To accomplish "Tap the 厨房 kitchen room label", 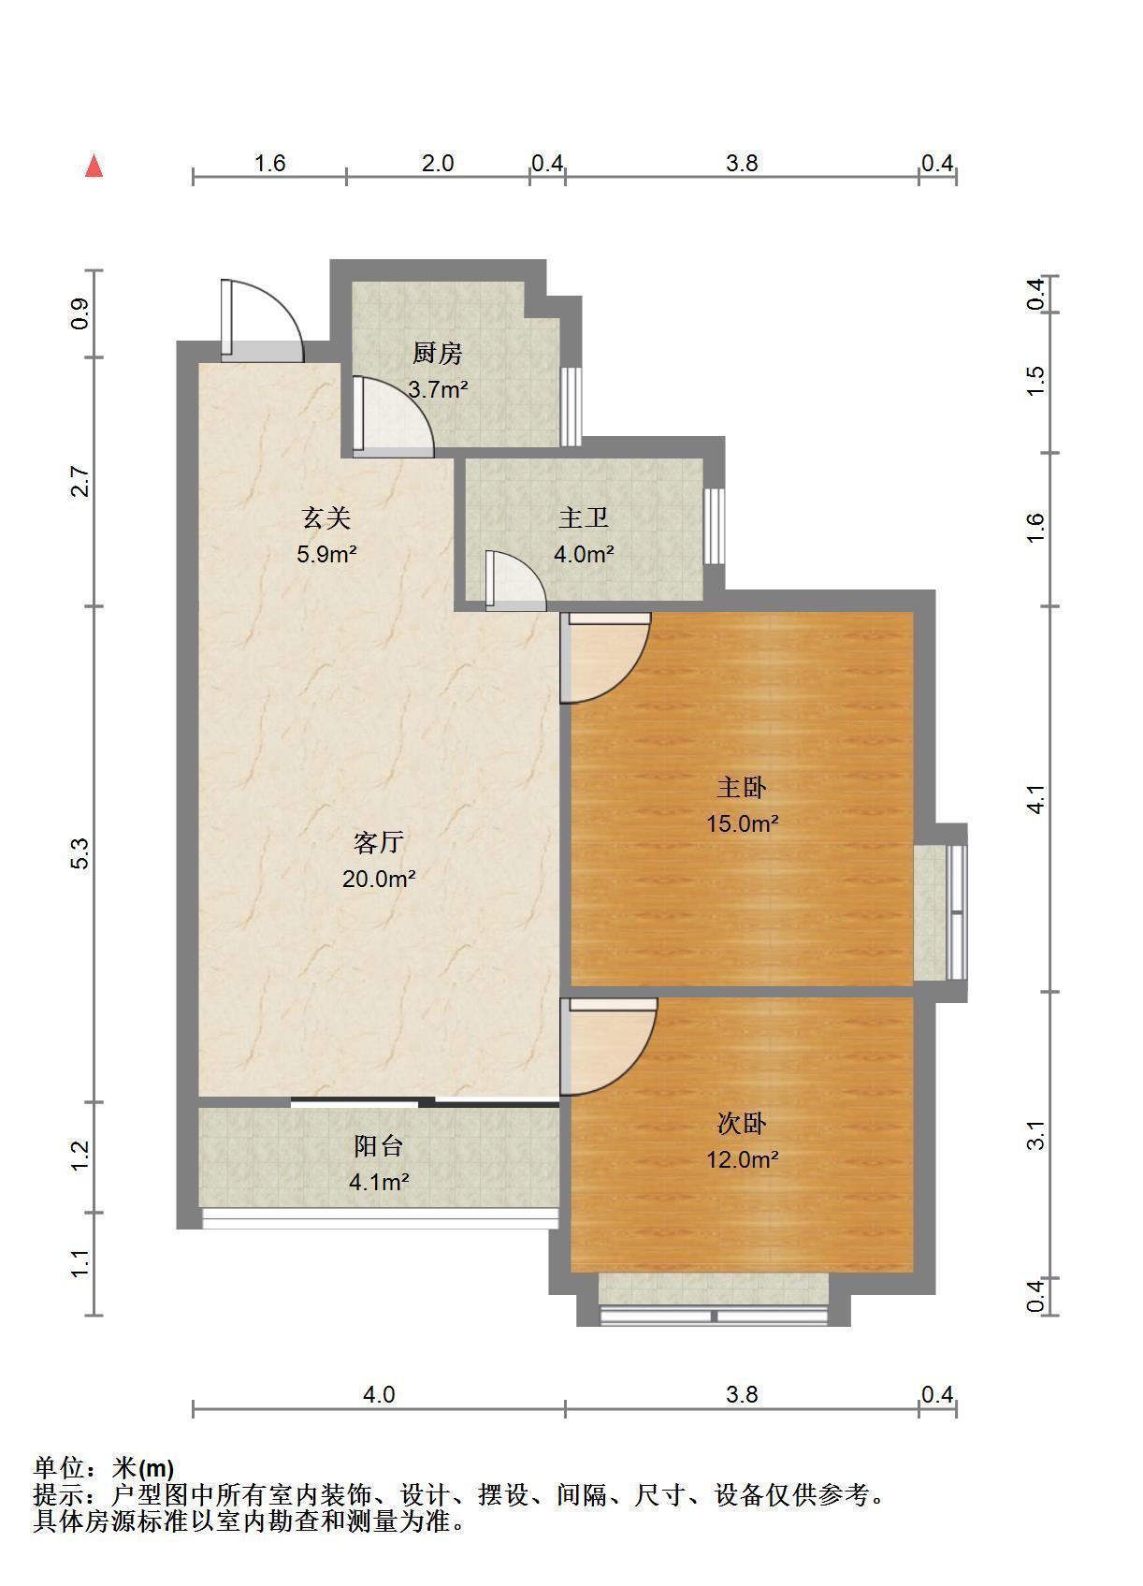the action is pos(438,353).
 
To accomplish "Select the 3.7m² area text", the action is pos(438,388).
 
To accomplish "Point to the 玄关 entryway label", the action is pos(326,517).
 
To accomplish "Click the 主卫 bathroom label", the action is pos(583,517).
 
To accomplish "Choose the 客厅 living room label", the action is pos(379,842).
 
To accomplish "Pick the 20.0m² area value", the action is pos(379,879).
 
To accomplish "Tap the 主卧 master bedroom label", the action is pos(742,787).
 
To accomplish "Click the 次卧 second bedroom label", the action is pos(742,1123).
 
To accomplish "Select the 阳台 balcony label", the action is pos(379,1145).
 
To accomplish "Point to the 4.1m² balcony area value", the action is pos(379,1182).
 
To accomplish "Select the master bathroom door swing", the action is pos(529,570).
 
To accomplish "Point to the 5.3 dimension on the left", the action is pos(81,853).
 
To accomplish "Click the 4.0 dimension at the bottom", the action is pos(379,1394).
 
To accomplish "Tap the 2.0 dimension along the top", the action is pos(438,163).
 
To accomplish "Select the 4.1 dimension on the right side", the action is pos(1034,799).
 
